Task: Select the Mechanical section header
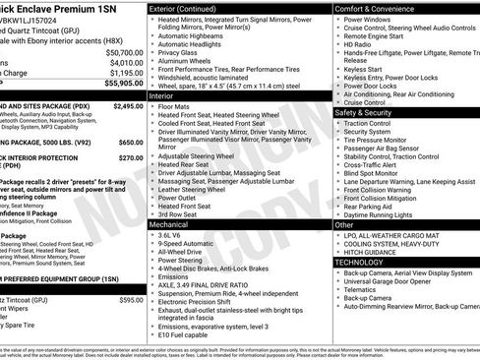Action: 170,224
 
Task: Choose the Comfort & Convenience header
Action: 377,8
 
